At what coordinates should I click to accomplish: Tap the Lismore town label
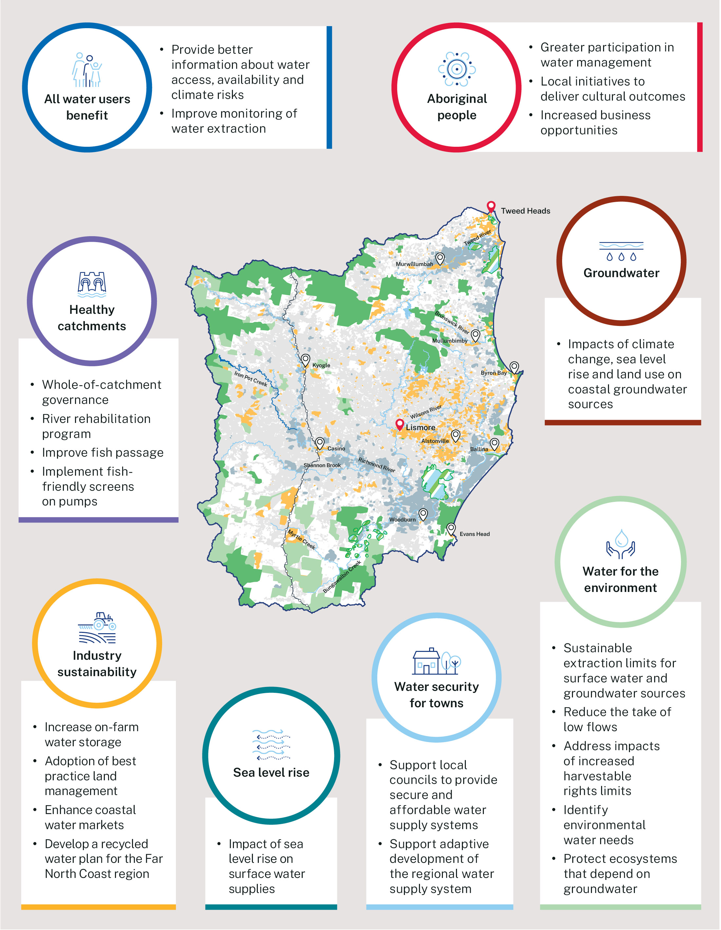point(420,427)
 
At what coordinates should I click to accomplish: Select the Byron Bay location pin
point(514,367)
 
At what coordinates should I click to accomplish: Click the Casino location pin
point(320,443)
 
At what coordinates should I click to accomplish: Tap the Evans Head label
point(474,534)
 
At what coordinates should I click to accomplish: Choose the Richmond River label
point(376,465)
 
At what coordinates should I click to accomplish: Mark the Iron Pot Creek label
point(251,378)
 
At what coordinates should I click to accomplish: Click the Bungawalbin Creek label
point(342,577)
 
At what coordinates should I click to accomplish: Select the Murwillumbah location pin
point(440,258)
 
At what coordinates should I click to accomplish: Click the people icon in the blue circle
point(87,70)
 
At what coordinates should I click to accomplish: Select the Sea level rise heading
point(271,772)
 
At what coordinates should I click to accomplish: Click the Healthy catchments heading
point(92,318)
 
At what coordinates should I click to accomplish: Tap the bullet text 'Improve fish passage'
point(103,453)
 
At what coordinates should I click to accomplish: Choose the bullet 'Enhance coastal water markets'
point(90,817)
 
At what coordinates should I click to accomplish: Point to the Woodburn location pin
point(423,514)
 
